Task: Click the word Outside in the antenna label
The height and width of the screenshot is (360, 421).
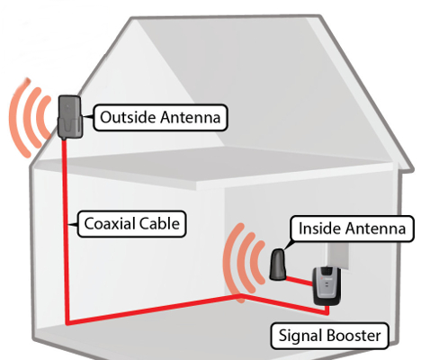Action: coord(128,117)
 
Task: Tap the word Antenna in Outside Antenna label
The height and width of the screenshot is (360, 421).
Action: coord(191,117)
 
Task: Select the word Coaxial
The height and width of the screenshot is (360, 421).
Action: coord(109,223)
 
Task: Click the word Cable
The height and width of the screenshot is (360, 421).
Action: coord(158,223)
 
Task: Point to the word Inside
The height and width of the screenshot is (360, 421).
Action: coord(319,229)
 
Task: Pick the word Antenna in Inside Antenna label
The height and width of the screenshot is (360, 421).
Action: coord(375,229)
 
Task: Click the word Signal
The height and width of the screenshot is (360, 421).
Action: coord(300,336)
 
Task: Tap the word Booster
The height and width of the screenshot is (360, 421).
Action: coord(354,335)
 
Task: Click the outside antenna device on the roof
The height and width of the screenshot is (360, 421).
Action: coord(70,117)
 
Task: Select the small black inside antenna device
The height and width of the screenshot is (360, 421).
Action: coord(278,265)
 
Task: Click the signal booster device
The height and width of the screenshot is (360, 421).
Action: coord(325,286)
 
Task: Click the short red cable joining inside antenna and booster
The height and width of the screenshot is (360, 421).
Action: coord(300,282)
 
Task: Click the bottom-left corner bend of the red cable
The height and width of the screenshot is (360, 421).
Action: coord(67,323)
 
